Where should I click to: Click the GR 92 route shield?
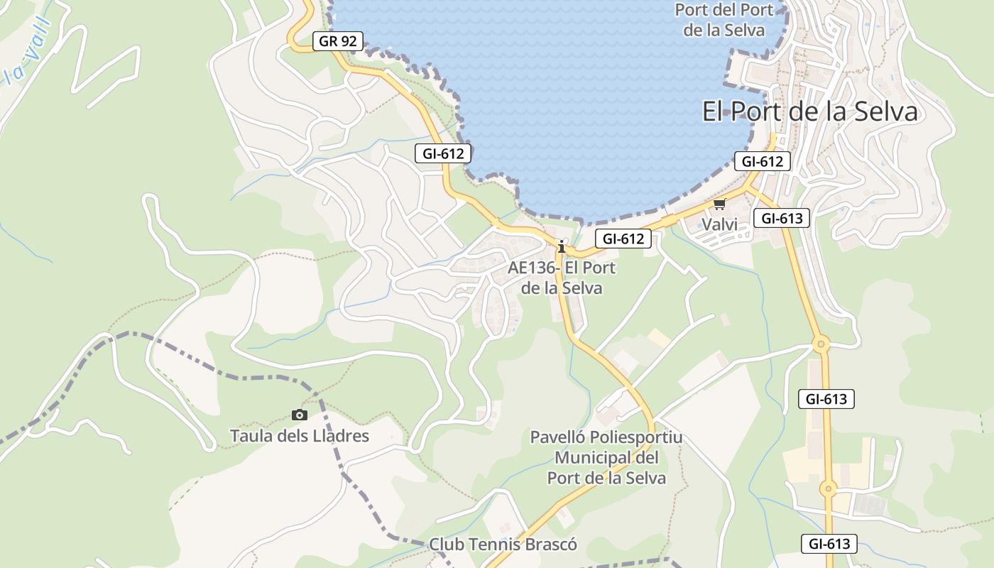(x=338, y=41)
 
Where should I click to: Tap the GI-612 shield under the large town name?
(x=762, y=161)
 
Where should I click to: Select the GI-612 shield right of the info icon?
(x=623, y=239)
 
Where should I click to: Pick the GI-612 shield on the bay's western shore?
(x=443, y=153)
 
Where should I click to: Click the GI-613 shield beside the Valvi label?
(x=781, y=218)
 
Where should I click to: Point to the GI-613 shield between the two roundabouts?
(x=826, y=399)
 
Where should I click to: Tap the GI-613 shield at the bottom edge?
(x=829, y=545)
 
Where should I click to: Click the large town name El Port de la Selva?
(x=809, y=112)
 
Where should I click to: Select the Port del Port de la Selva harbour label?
(x=723, y=20)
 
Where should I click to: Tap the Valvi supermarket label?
(x=719, y=225)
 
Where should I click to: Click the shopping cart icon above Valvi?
(x=719, y=204)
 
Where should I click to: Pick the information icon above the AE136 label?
(x=562, y=247)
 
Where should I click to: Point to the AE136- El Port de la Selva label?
(x=562, y=278)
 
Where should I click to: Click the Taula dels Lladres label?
(x=300, y=435)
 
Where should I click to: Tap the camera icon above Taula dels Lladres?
(x=300, y=415)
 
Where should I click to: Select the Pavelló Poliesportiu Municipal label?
(x=606, y=457)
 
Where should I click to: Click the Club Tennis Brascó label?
(x=503, y=545)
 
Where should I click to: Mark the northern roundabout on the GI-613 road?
(x=821, y=345)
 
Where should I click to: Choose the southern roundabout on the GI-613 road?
(x=828, y=488)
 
